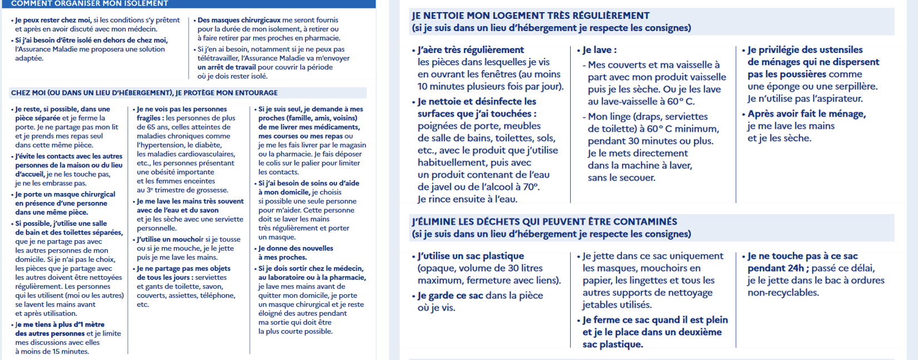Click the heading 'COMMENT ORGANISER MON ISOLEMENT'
tap(89, 3)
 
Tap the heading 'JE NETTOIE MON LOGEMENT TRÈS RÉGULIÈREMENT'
tap(530, 16)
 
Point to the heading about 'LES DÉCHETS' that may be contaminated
tap(544, 221)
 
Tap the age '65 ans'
tap(149, 127)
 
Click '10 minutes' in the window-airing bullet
tap(443, 87)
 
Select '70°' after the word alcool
tap(529, 187)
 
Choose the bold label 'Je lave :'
tap(599, 50)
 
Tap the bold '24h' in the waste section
tap(793, 268)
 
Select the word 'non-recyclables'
tap(783, 293)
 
